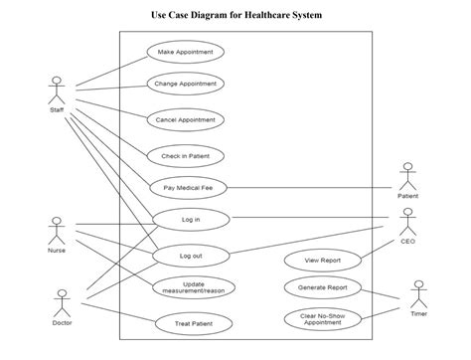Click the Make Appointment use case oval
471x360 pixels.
185,52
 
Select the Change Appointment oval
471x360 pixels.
185,85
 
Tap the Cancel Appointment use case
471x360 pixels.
185,119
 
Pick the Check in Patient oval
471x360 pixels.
185,155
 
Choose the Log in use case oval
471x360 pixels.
190,219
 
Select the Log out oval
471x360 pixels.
190,255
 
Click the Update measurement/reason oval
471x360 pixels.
194,287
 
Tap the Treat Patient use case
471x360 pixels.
193,323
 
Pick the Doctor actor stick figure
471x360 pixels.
62,301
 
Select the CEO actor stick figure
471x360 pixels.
407,221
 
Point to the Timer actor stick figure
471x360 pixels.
418,293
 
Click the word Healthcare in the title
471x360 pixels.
253,15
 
